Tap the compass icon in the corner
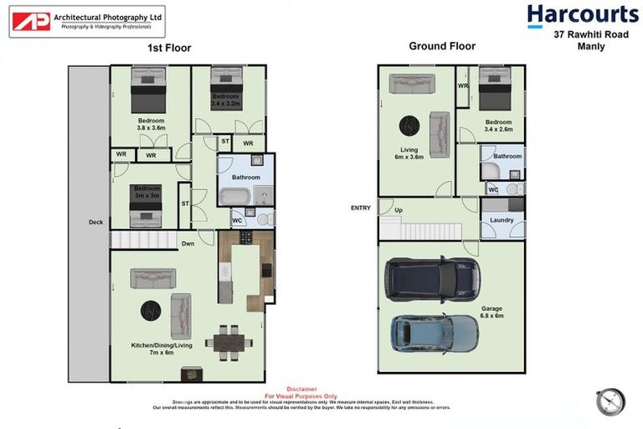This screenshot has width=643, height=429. (610, 401)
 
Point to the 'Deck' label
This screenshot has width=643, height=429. (96, 222)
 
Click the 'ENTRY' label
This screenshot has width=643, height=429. (362, 209)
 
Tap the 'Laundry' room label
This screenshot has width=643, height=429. (502, 220)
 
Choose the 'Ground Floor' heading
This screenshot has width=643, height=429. (442, 46)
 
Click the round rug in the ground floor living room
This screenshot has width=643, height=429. (409, 126)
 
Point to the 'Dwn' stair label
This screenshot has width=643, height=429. (189, 244)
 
